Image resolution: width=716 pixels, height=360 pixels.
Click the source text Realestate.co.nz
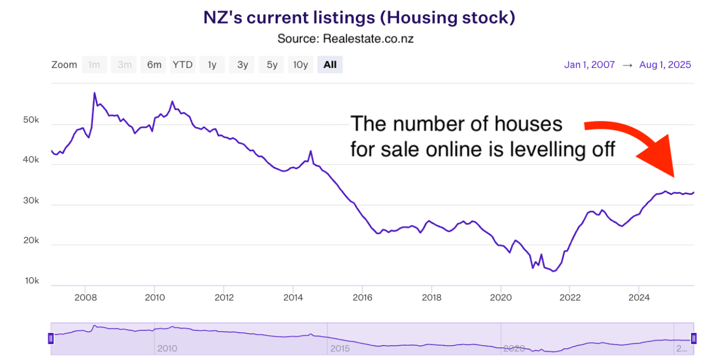[345, 39]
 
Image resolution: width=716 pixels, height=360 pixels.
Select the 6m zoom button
[154, 65]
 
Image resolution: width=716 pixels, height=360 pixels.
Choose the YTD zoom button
[183, 65]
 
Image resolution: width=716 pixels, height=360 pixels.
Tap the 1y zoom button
[212, 65]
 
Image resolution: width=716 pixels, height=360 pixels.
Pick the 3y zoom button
[242, 65]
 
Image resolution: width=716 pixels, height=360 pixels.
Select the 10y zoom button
[300, 65]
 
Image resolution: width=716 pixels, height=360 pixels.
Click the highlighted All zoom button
[330, 65]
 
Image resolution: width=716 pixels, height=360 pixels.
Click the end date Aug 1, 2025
[665, 65]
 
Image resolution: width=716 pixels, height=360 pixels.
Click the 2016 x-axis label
[362, 297]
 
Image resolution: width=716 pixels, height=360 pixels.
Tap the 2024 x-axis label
[638, 297]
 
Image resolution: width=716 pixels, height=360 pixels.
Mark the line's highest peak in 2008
[95, 93]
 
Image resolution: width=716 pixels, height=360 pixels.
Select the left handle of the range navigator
[51, 338]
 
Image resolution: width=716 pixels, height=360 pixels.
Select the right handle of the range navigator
[694, 338]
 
